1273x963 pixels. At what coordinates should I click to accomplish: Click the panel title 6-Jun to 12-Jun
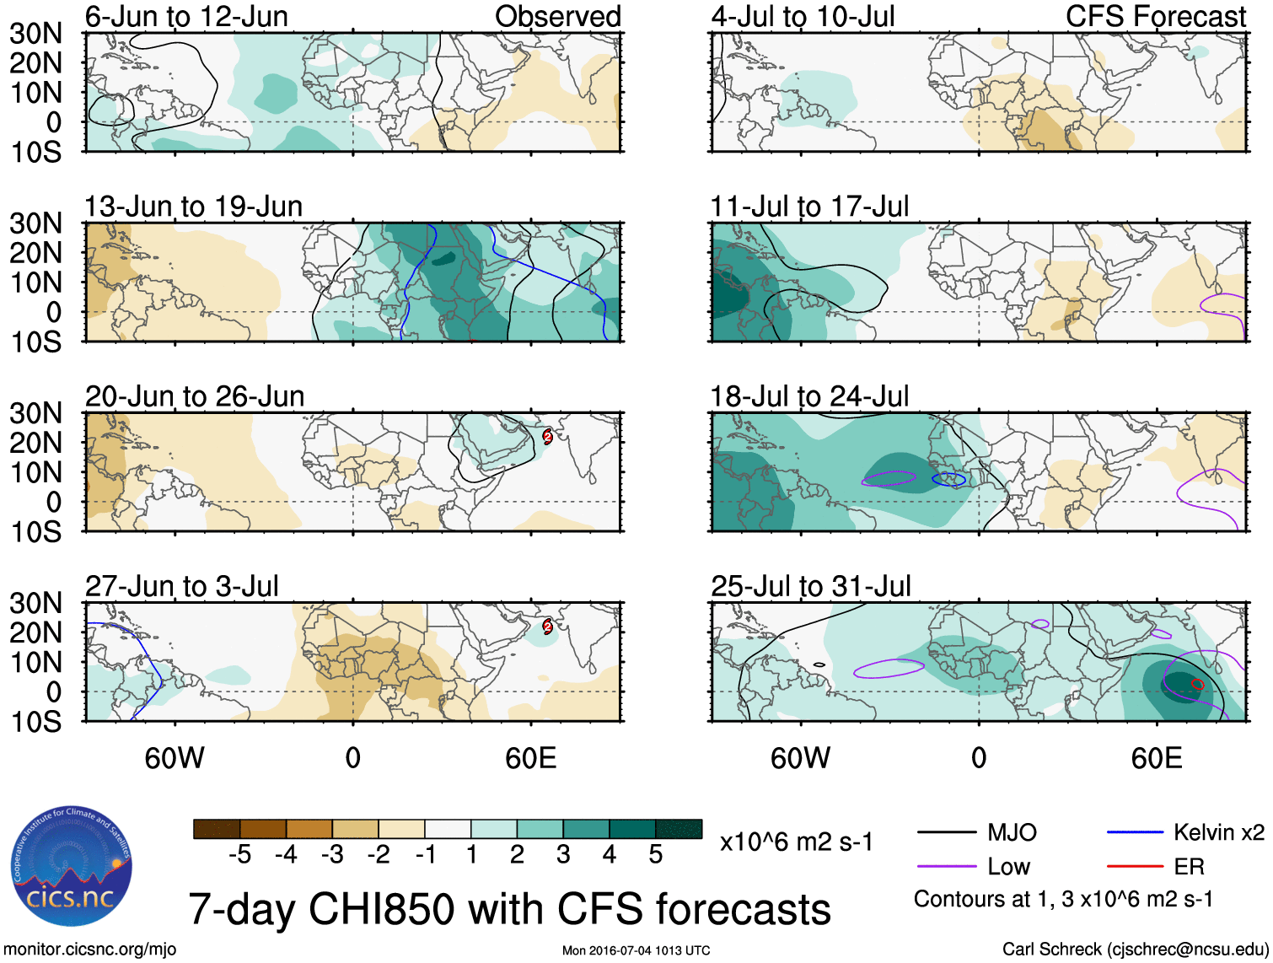point(186,16)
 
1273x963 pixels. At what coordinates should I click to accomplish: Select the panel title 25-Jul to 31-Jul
point(811,586)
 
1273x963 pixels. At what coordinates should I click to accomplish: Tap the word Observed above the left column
point(557,16)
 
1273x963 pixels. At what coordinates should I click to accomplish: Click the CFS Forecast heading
point(1155,16)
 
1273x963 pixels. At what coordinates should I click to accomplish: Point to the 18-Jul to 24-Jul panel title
point(809,396)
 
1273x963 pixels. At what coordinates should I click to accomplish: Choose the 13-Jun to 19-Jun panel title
point(193,207)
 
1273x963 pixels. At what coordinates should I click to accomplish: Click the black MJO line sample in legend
point(946,833)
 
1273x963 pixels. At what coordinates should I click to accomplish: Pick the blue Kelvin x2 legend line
point(1135,833)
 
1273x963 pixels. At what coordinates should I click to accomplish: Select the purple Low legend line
point(946,867)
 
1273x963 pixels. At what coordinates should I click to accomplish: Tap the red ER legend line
point(1135,867)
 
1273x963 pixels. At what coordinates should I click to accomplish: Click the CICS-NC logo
point(72,866)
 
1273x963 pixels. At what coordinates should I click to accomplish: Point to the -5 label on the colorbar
point(239,855)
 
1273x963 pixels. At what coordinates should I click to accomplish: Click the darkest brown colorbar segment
point(217,829)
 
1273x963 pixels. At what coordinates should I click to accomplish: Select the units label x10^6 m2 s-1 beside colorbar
point(796,842)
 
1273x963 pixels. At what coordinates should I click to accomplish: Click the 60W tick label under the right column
point(800,758)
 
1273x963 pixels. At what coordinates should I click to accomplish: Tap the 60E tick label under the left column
point(530,758)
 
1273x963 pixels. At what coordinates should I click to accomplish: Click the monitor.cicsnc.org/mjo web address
point(90,950)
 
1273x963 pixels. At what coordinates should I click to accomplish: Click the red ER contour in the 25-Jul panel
point(1198,685)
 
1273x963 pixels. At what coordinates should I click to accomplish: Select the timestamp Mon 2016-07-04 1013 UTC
point(636,950)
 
